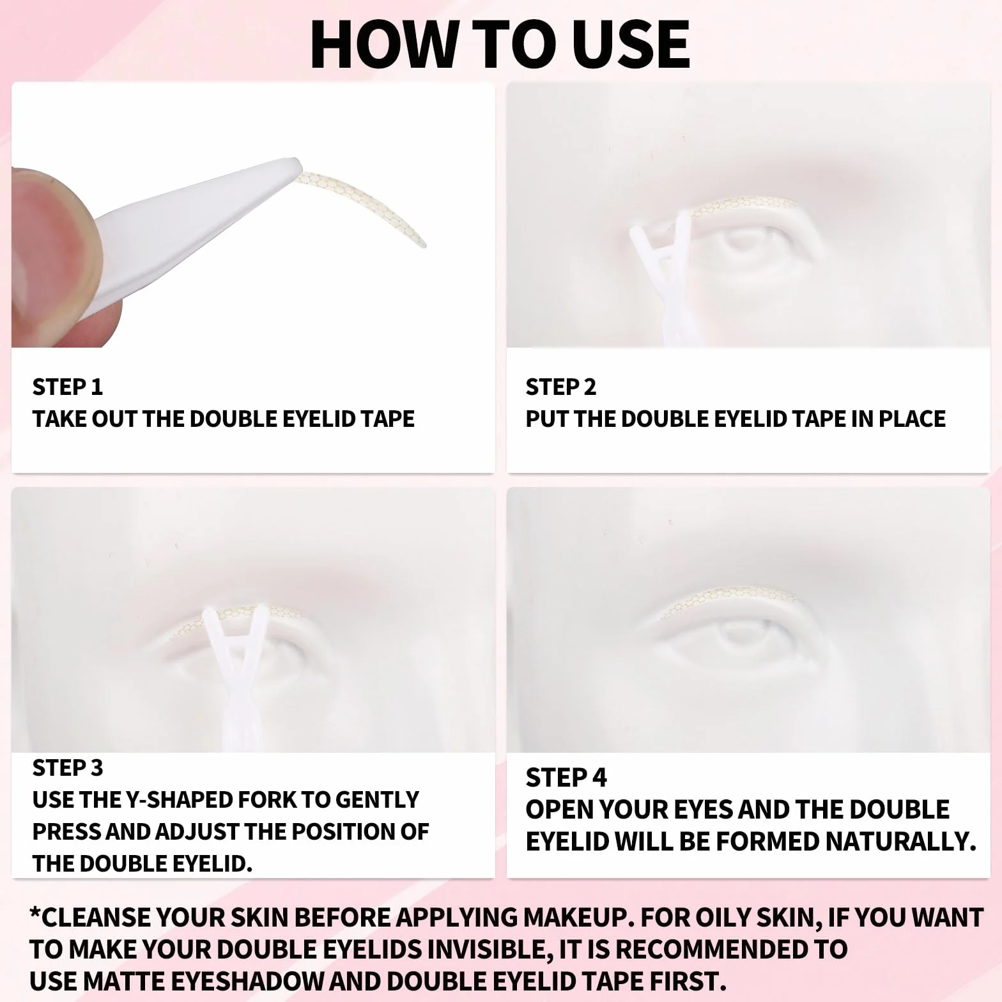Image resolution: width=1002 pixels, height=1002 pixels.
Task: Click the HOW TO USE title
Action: click(500, 44)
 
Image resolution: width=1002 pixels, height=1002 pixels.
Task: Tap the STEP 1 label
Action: click(67, 387)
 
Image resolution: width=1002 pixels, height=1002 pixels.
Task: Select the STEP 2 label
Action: click(560, 387)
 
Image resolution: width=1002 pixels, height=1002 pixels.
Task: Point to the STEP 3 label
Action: click(67, 767)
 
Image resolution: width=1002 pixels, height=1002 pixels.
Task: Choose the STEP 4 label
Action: click(566, 778)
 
